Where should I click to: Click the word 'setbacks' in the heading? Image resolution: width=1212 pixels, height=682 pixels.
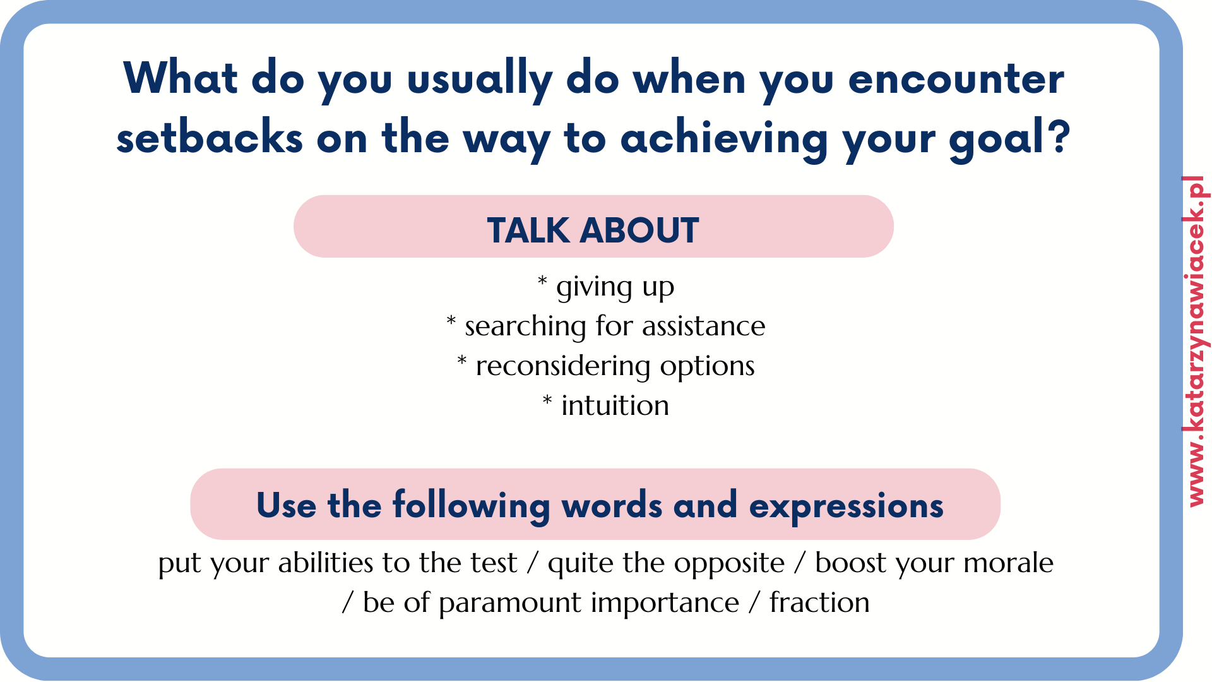click(210, 137)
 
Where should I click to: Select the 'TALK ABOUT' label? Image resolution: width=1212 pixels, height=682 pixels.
click(593, 230)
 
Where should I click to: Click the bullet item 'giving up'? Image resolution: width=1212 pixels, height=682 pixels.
click(615, 288)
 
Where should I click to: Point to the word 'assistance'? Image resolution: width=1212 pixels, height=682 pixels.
click(703, 326)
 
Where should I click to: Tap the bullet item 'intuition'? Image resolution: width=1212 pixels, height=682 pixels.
click(615, 405)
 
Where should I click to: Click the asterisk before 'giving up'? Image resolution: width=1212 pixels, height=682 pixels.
click(542, 282)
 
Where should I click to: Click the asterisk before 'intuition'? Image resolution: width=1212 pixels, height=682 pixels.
click(547, 400)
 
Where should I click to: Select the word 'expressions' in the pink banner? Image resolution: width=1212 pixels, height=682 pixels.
click(846, 506)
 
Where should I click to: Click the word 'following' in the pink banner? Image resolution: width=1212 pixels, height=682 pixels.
click(471, 505)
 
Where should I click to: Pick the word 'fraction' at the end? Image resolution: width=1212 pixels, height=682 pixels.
click(819, 602)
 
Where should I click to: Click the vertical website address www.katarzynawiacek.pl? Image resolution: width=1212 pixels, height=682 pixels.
click(1196, 341)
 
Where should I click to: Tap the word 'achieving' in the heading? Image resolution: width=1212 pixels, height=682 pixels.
click(724, 137)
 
